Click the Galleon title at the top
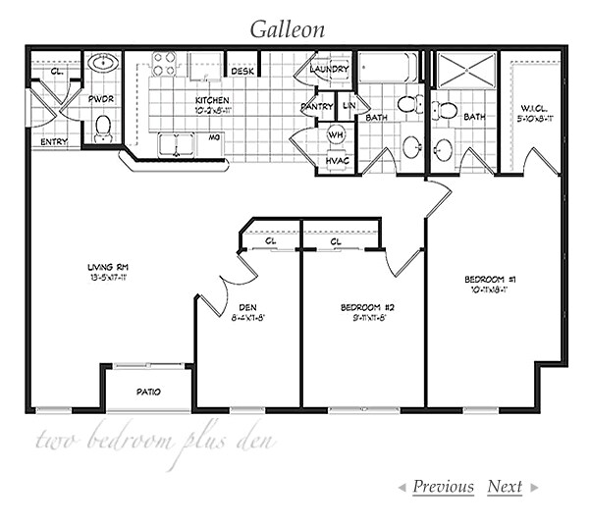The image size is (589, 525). coord(287,28)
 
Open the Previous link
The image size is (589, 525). coord(443,487)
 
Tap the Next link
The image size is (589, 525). coord(505,487)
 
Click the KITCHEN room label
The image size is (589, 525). coord(212,100)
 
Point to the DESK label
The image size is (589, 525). coord(241,71)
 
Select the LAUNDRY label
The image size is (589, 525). coord(329,70)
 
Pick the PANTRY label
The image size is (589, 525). coord(317,106)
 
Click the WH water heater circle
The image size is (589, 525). coord(336,132)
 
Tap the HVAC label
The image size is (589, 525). coord(336,160)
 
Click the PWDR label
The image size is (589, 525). coord(101,99)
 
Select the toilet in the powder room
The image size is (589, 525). coord(102,128)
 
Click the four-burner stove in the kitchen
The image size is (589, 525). coord(164,64)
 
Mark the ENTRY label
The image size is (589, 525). coord(54,142)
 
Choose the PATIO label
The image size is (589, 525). coord(148,392)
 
